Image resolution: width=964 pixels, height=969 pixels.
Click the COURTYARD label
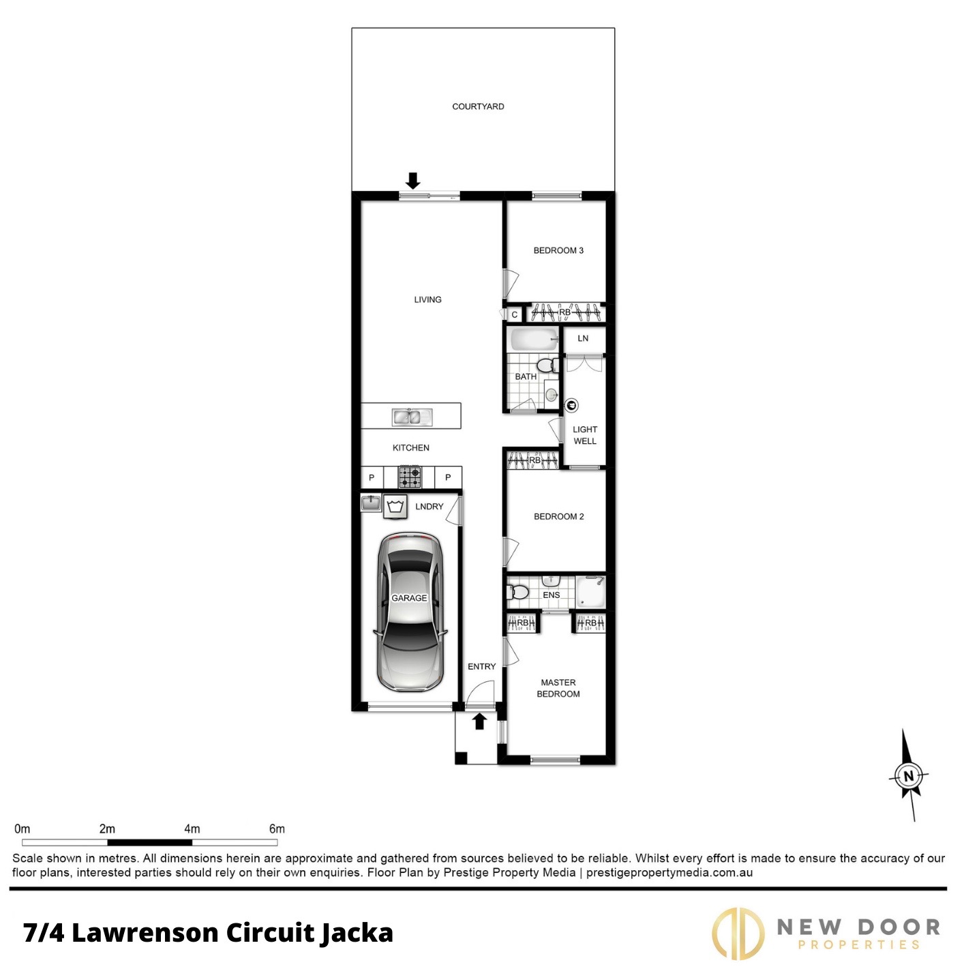tap(478, 106)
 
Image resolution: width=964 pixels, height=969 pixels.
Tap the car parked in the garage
tap(410, 612)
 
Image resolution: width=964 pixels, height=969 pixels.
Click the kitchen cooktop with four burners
tap(410, 477)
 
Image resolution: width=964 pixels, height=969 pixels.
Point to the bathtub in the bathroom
tap(534, 340)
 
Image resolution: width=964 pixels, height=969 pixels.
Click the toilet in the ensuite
tap(517, 592)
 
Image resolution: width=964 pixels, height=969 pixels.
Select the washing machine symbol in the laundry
tap(395, 507)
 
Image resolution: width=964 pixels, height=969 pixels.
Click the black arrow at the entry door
tap(480, 721)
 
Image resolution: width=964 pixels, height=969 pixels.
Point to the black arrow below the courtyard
tap(413, 181)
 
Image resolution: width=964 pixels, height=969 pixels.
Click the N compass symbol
tap(908, 776)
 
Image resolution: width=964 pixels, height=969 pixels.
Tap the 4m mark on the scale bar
tap(192, 829)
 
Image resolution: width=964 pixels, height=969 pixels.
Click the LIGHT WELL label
tap(585, 435)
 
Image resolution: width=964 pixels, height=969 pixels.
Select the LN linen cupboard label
tap(583, 338)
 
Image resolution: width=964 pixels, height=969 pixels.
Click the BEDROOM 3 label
tap(558, 250)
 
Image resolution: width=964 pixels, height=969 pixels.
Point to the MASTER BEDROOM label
tap(558, 688)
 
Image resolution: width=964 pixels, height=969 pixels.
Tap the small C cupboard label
tap(515, 315)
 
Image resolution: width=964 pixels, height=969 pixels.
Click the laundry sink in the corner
tap(371, 503)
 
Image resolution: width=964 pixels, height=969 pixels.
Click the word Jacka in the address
tap(357, 933)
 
